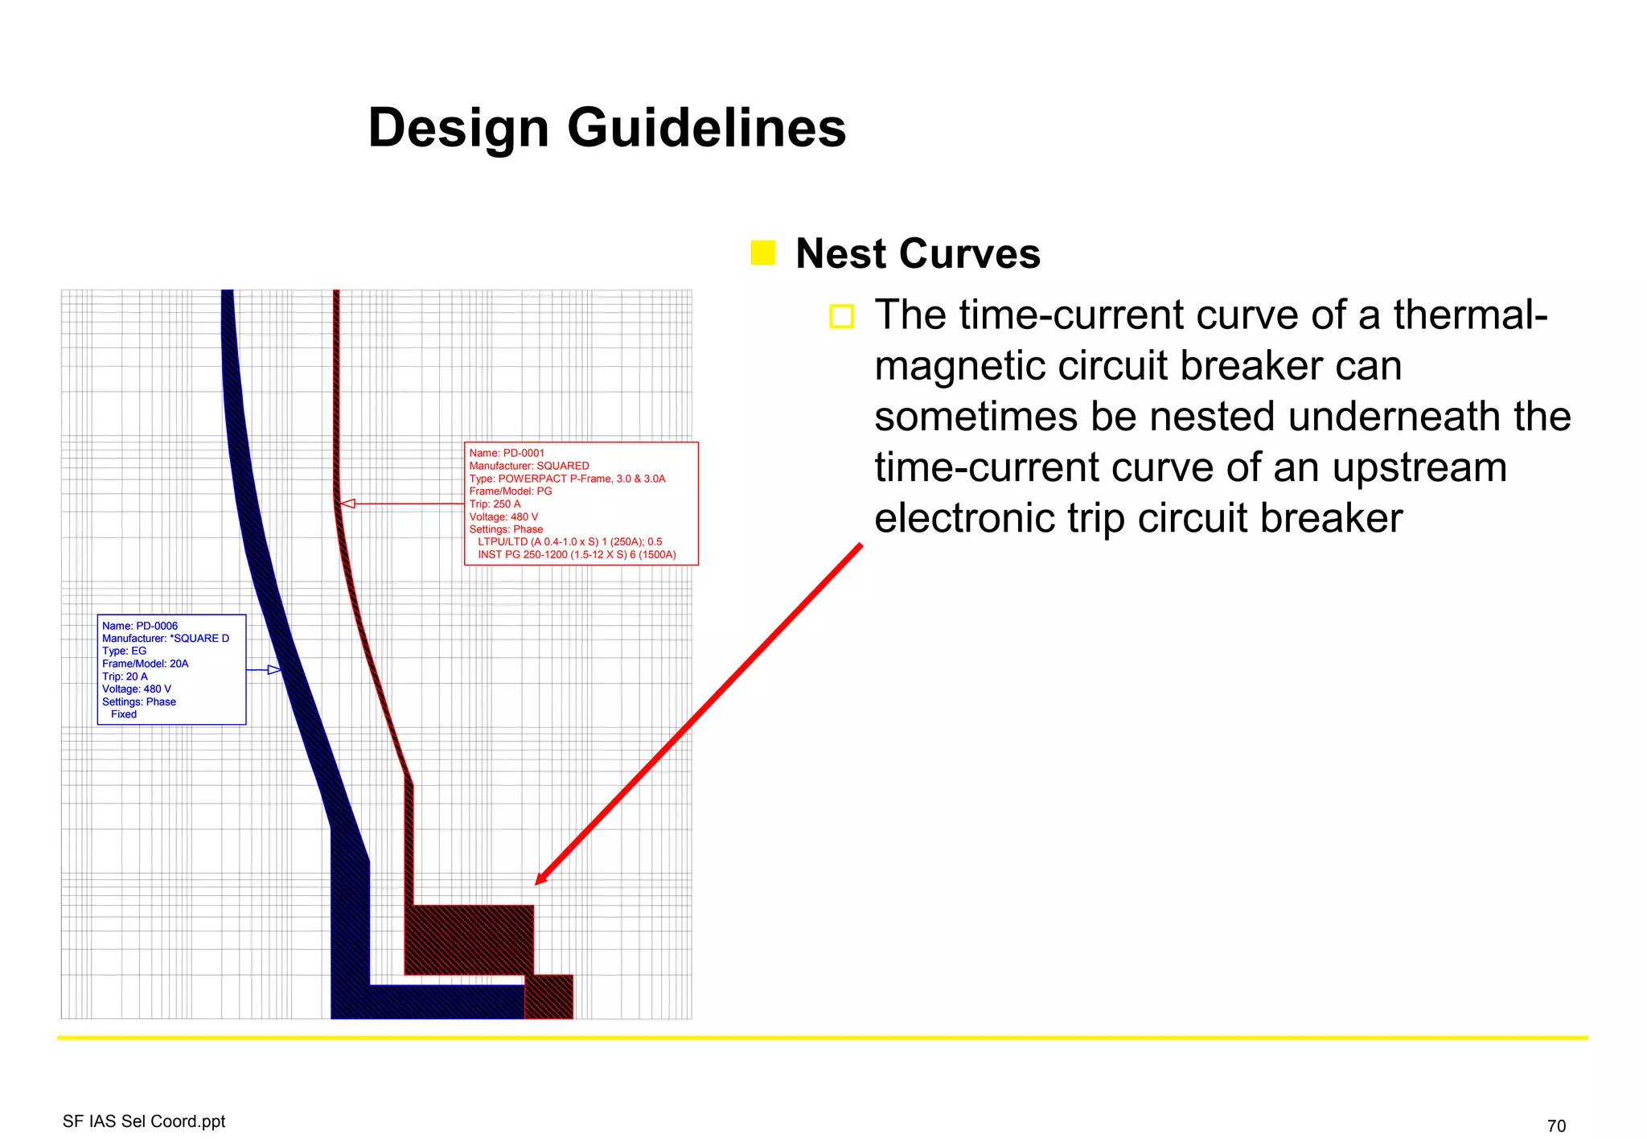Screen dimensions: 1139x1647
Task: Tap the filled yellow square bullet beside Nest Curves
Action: pos(762,253)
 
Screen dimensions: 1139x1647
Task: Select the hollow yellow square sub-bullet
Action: pos(841,316)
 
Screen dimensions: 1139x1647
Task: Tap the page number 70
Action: pos(1556,1126)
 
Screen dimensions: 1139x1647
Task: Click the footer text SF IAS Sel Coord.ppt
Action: pos(144,1121)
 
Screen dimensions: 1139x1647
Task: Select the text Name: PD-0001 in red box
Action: pos(507,453)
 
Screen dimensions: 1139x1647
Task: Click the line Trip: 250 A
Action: pos(495,504)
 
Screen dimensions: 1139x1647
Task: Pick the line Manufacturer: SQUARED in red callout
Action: pos(529,466)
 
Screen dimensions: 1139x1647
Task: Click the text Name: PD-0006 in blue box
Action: pos(140,626)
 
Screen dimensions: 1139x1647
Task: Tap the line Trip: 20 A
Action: pos(125,676)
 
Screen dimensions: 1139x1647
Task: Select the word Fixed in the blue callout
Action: pos(124,714)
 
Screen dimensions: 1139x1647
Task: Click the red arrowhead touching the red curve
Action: pos(347,504)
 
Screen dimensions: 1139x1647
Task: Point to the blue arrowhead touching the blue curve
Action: pos(275,670)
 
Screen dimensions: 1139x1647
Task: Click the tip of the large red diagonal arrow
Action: pos(537,883)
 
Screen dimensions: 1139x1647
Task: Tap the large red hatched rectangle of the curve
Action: pos(469,940)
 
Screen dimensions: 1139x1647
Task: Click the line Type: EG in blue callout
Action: pos(125,651)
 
